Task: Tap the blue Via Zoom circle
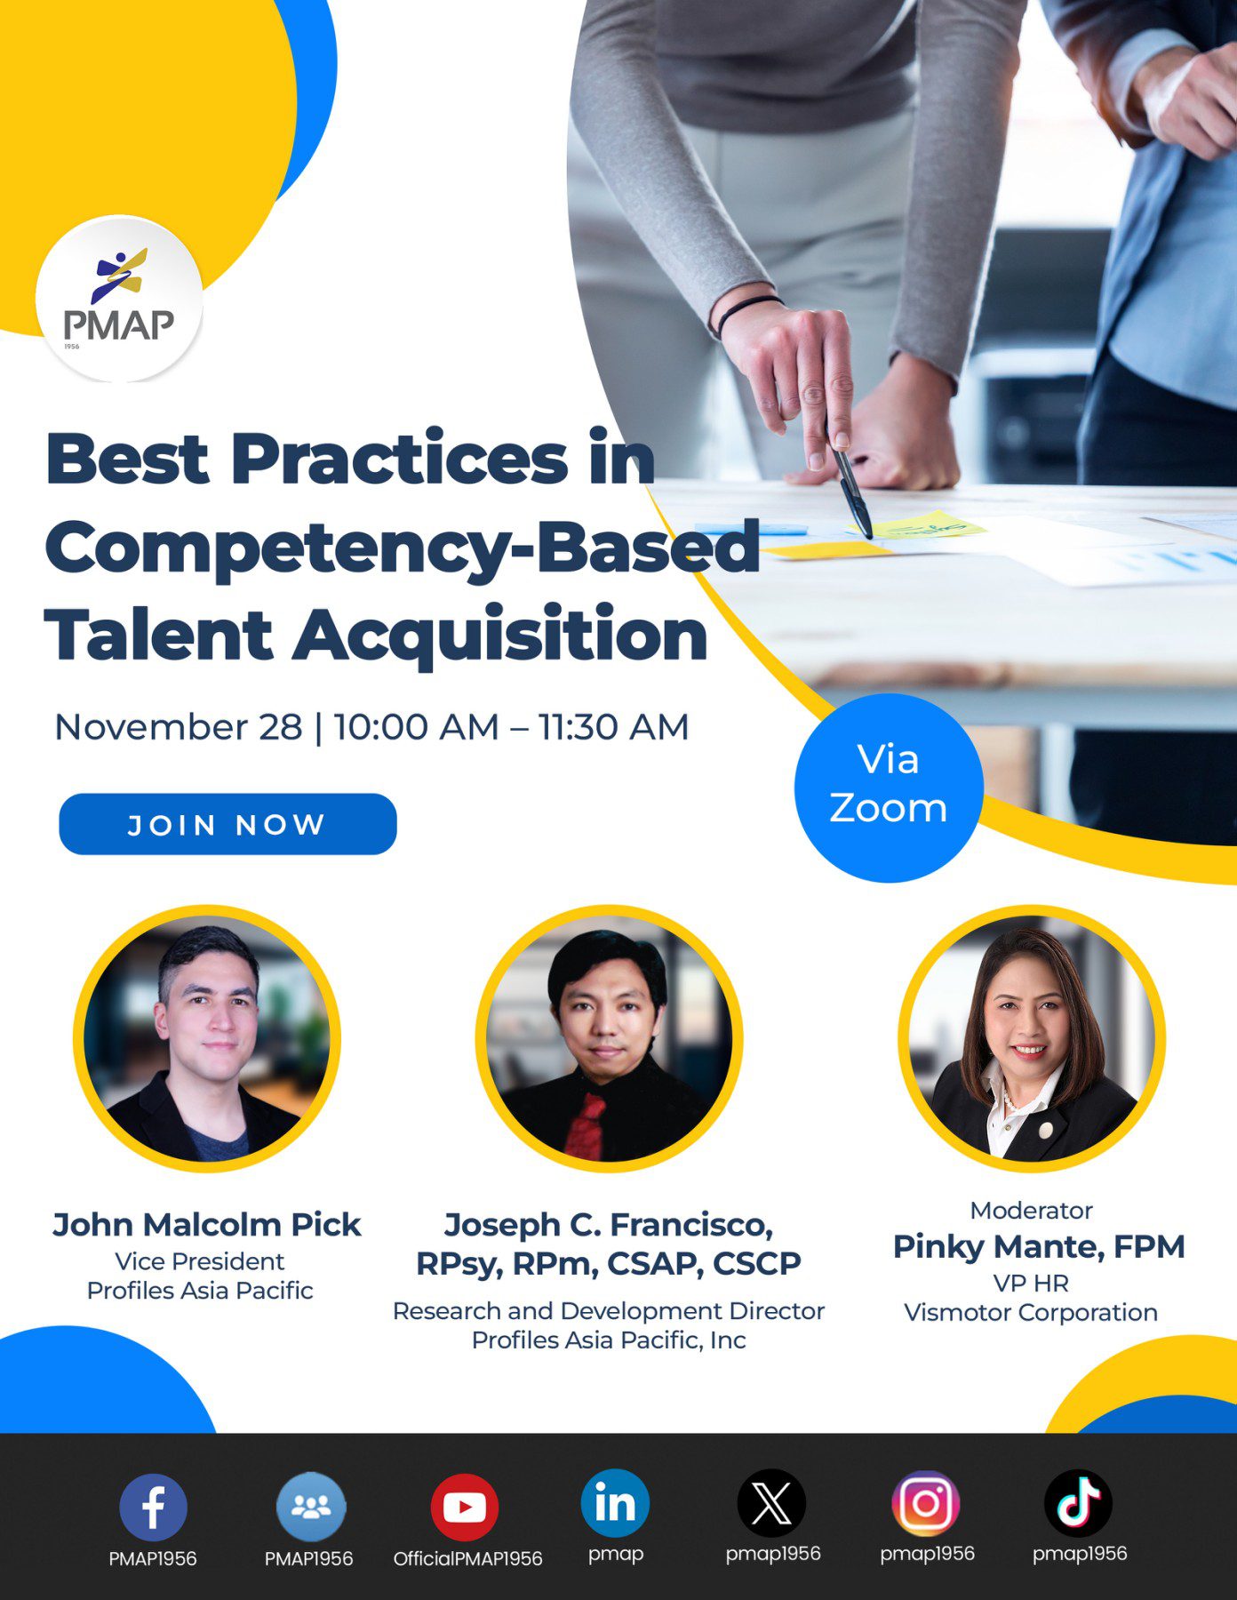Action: tap(888, 787)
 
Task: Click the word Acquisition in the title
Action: tap(499, 636)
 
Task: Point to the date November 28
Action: tap(178, 727)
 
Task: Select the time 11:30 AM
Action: tap(613, 727)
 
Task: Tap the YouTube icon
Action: tap(464, 1507)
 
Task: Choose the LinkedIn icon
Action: tap(615, 1503)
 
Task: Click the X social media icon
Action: tap(771, 1503)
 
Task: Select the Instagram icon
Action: tap(926, 1503)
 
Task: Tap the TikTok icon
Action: tap(1078, 1503)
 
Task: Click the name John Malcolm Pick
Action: tap(206, 1225)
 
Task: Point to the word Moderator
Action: tap(1031, 1211)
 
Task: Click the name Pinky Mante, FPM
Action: tap(1039, 1246)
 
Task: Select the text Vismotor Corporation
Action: tap(1031, 1313)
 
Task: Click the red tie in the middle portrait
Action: tap(587, 1125)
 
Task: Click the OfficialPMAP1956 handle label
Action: tap(467, 1559)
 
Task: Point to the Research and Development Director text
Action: tap(609, 1311)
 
